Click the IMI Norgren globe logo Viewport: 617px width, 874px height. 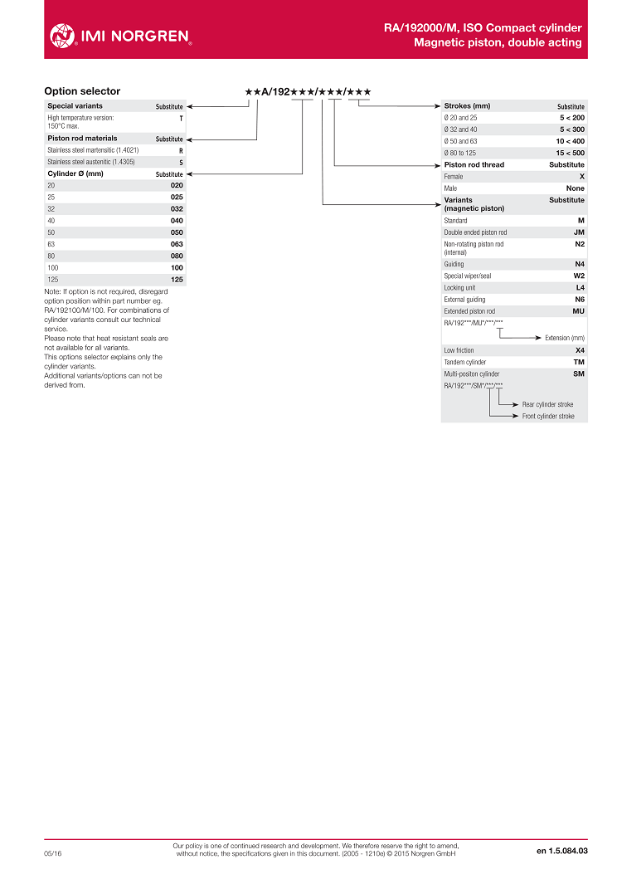point(62,35)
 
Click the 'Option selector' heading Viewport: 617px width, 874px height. point(82,91)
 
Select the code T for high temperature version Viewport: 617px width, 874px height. point(181,119)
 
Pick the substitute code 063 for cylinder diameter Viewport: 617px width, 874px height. point(177,244)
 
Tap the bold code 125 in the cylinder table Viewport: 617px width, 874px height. point(177,280)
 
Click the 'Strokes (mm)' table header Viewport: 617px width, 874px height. point(467,106)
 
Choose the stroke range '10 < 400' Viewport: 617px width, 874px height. point(570,141)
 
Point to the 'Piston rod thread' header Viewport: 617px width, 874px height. point(474,164)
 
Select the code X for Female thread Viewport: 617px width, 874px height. point(581,177)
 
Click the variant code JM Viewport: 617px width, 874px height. point(579,232)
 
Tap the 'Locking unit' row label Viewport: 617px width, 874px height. point(459,287)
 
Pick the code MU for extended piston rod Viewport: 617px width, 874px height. point(578,310)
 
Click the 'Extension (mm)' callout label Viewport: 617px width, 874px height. point(564,338)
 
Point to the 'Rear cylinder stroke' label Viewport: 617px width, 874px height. point(547,404)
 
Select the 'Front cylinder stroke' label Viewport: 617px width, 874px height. point(547,416)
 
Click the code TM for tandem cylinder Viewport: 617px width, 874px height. point(579,362)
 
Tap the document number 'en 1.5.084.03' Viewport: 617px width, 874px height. point(561,851)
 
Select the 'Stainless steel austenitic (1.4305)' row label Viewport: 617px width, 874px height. point(91,162)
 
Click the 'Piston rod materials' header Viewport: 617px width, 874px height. point(82,139)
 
